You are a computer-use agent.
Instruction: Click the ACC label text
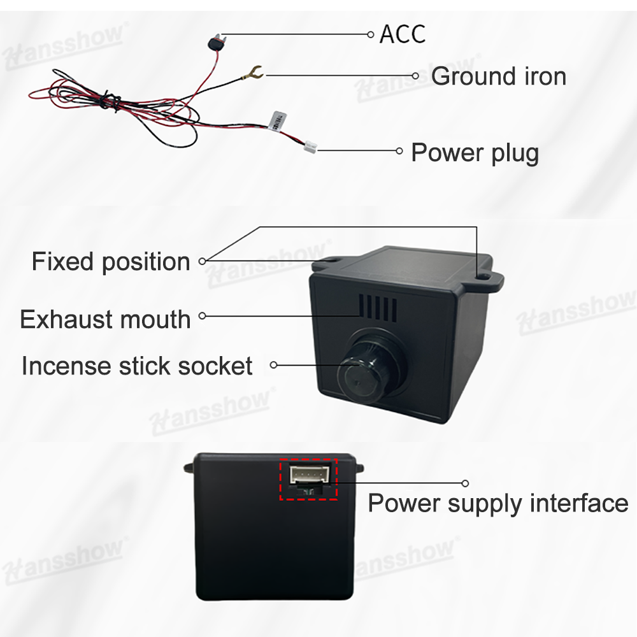402,34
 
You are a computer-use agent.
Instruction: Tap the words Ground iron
498,76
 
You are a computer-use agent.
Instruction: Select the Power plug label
475,153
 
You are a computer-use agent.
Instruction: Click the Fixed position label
111,262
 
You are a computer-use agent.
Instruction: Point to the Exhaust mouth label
105,318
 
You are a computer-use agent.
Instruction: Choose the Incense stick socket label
137,366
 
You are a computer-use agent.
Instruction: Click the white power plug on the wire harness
310,147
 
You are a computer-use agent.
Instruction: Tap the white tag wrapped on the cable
278,120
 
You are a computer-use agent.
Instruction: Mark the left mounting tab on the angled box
331,260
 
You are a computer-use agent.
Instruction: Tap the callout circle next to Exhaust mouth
203,315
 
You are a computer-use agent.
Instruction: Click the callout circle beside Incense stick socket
274,365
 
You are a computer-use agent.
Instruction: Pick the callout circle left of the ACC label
371,34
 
